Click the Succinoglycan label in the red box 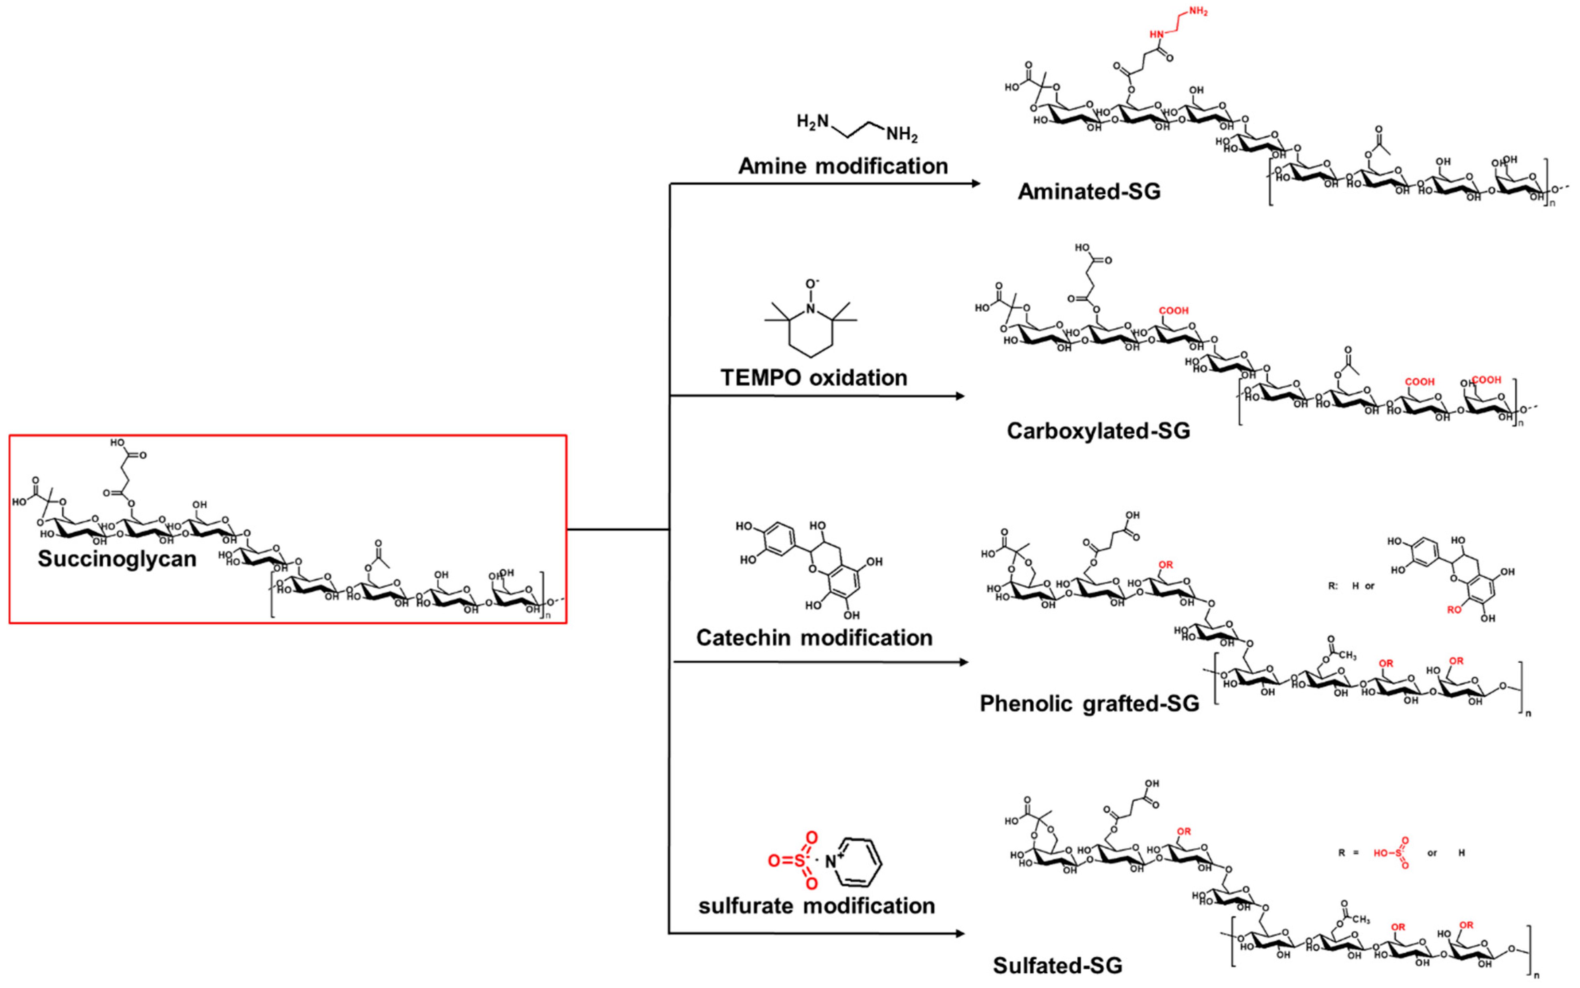tap(117, 559)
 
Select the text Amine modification tap(843, 166)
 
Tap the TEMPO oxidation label tap(813, 378)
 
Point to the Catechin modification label tap(814, 638)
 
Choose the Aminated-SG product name tap(1089, 192)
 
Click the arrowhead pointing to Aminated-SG tap(976, 184)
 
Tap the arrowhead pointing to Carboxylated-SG tap(959, 396)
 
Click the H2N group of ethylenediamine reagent tap(812, 122)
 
